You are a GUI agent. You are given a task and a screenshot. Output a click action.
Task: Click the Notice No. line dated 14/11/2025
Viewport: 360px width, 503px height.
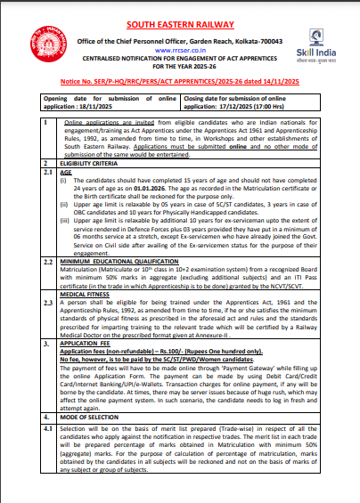coord(181,80)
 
